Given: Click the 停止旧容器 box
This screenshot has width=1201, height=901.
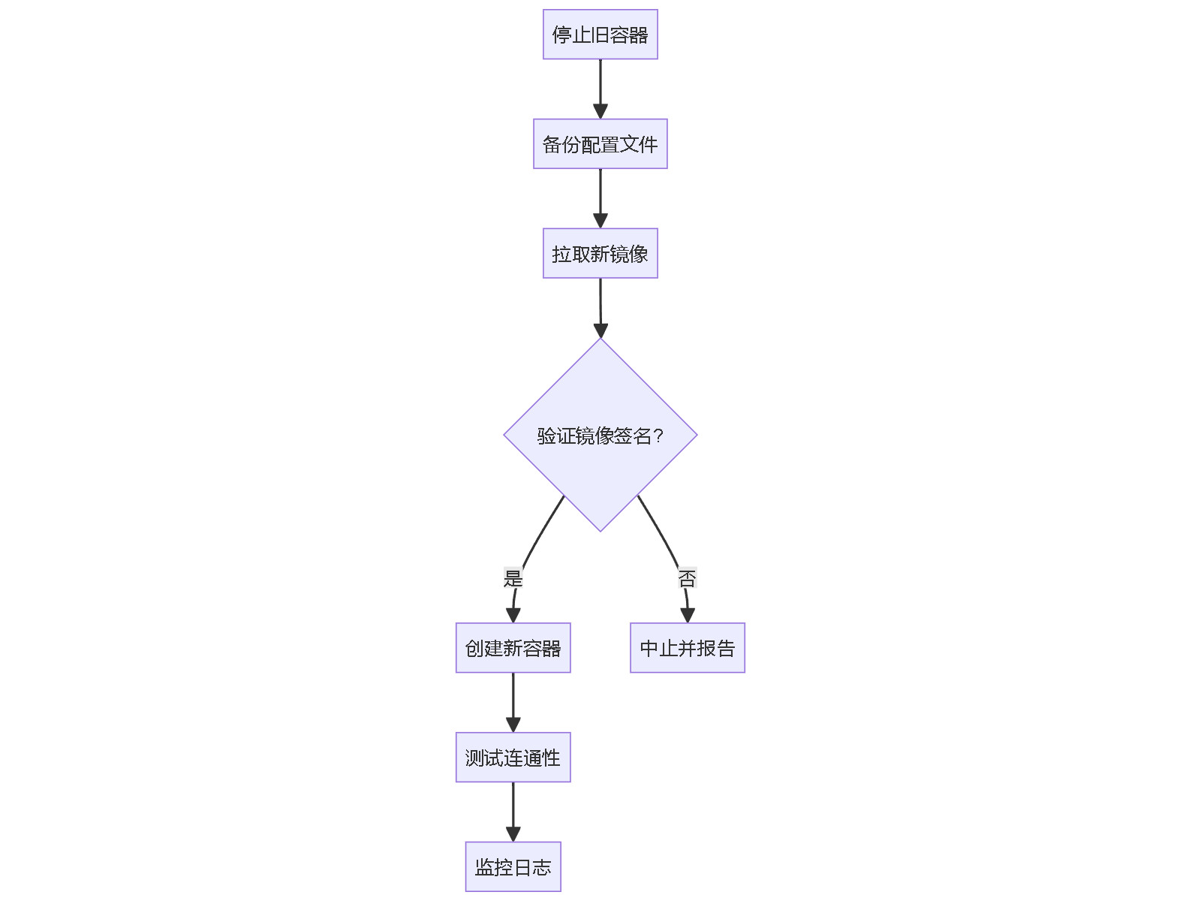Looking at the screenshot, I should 600,35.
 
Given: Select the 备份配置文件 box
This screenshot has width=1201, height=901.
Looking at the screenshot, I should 600,144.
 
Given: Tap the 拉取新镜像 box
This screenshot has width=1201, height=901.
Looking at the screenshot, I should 600,254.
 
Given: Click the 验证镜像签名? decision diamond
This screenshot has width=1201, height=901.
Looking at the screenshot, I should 600,435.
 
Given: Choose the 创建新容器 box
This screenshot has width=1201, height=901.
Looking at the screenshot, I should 513,648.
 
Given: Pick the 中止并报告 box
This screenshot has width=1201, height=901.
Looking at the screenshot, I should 688,648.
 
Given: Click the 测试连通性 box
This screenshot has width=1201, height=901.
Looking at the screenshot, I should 513,758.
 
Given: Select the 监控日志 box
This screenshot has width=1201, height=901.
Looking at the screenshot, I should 513,867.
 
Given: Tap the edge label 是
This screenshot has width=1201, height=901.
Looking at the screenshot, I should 513,578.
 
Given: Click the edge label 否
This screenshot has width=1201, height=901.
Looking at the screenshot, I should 688,578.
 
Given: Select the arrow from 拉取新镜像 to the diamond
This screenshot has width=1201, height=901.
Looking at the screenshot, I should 600,303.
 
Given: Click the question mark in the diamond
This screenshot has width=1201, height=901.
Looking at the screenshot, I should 658,435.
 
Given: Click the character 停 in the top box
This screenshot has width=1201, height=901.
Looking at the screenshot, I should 561,35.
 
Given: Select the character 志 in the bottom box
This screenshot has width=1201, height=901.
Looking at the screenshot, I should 542,868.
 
